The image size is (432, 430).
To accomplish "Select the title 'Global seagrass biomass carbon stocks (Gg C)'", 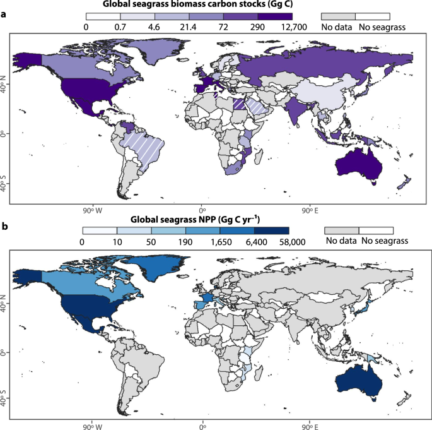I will (189, 5).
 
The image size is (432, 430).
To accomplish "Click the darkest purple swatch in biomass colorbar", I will (276, 16).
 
